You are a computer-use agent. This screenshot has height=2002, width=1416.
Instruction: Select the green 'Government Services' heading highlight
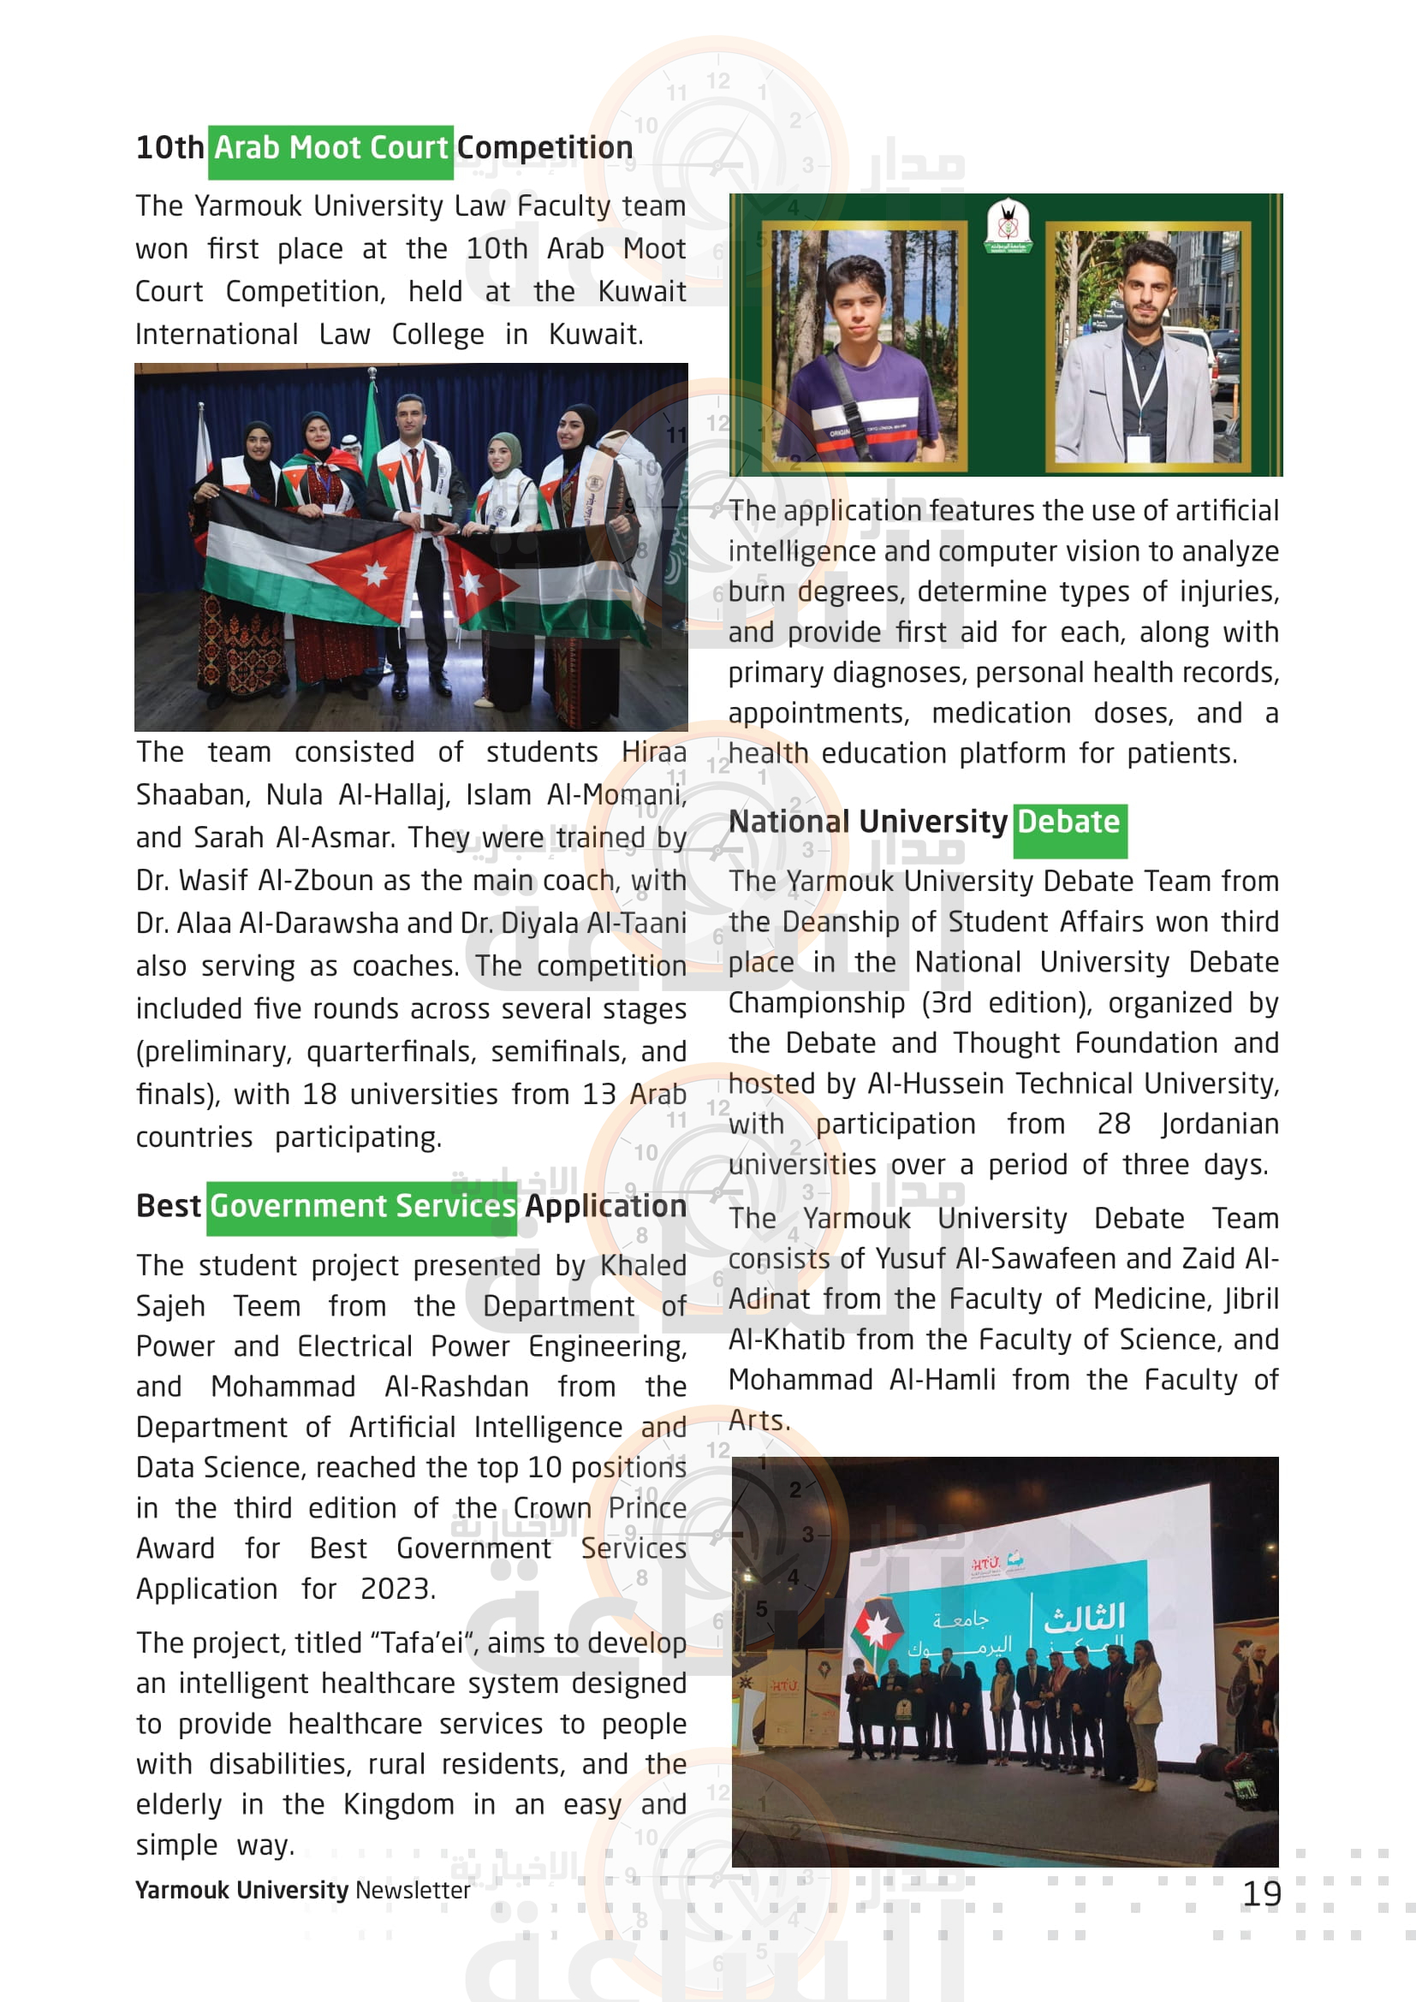(x=362, y=1208)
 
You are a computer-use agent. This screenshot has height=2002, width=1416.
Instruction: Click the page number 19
(x=1261, y=1893)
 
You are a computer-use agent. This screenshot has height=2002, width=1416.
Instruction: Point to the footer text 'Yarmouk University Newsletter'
(x=301, y=1890)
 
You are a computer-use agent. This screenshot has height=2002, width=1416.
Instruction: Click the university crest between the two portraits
(x=1008, y=225)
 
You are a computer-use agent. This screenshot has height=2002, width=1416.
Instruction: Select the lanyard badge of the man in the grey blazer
(x=1137, y=447)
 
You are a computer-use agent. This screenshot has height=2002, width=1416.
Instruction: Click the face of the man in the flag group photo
(x=410, y=419)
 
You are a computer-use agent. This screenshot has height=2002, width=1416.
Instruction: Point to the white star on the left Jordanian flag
(x=375, y=573)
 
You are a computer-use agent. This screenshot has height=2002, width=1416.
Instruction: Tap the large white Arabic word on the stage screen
(x=1084, y=1619)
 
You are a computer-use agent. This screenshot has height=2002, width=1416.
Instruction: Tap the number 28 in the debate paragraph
(x=1114, y=1124)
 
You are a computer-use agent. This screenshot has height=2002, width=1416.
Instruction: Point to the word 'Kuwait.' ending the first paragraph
(x=596, y=335)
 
